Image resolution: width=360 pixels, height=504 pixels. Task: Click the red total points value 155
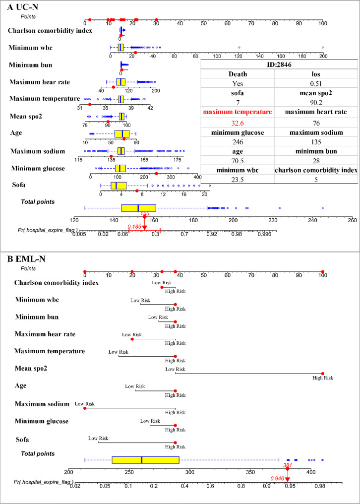(145, 213)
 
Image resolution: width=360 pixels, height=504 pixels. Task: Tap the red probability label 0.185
(134, 227)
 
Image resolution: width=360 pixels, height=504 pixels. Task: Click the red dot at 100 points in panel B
(323, 272)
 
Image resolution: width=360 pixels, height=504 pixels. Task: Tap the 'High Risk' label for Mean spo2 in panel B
(322, 378)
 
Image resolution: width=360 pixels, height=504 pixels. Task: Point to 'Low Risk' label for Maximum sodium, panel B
(84, 404)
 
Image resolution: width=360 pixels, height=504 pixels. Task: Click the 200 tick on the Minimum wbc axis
(323, 57)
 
